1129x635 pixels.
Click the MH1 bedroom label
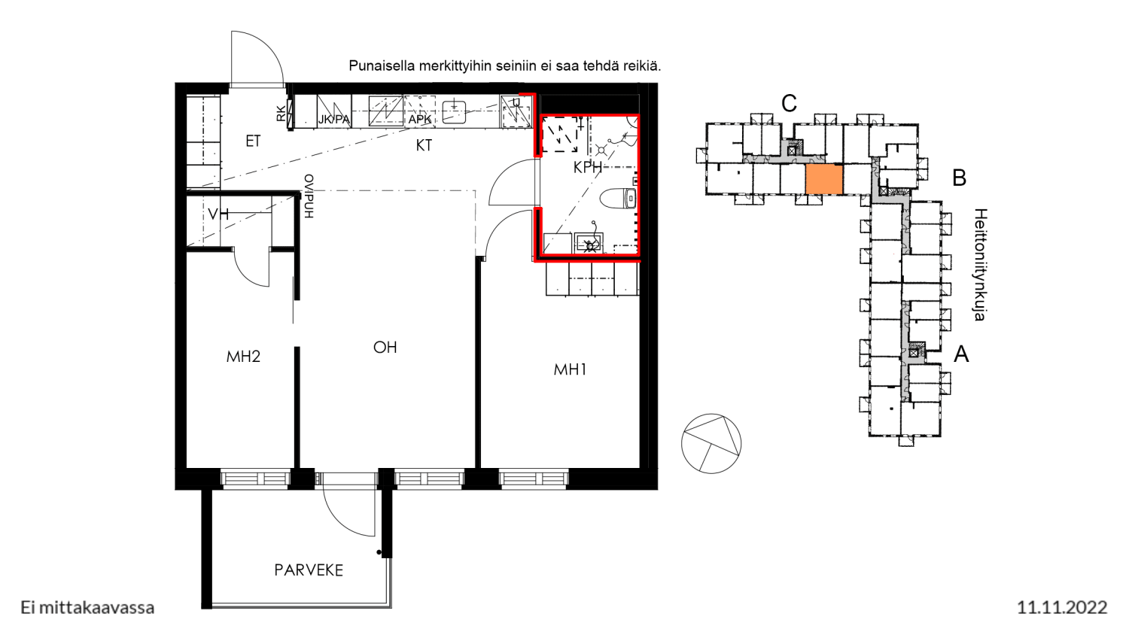(x=570, y=370)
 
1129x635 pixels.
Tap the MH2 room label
(x=243, y=357)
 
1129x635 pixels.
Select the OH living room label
(x=385, y=348)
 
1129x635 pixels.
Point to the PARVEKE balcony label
(x=309, y=570)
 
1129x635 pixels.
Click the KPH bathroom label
(x=588, y=167)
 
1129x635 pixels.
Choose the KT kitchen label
(x=424, y=145)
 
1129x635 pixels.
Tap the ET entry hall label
(x=253, y=141)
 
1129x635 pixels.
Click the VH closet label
(x=218, y=214)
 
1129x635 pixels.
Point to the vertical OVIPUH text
(x=309, y=196)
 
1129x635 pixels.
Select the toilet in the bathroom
(x=619, y=198)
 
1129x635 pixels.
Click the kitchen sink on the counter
(x=454, y=112)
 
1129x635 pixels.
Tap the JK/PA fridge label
(x=334, y=120)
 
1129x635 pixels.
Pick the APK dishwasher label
(x=420, y=120)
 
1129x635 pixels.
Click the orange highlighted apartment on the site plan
(x=824, y=179)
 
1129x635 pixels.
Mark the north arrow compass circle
(x=711, y=443)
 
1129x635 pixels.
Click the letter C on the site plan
(x=789, y=103)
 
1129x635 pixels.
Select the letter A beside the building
(x=961, y=354)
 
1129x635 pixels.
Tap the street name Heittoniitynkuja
(x=979, y=265)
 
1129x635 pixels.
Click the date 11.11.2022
(x=1062, y=607)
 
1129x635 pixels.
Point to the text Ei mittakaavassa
(x=87, y=608)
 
